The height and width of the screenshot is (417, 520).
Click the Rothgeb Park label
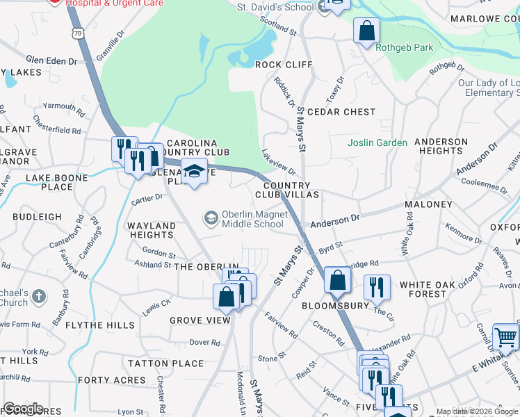[x=404, y=48]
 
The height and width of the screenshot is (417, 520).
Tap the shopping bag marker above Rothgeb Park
[x=366, y=31]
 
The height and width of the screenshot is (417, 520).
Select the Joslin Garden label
[x=377, y=142]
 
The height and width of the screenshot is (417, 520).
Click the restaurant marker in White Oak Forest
[x=377, y=287]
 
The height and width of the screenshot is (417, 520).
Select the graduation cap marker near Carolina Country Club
[x=195, y=172]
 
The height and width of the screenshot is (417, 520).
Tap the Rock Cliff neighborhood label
[x=284, y=65]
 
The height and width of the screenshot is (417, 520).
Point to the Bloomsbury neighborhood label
[x=335, y=305]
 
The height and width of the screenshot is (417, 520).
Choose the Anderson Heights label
[x=441, y=146]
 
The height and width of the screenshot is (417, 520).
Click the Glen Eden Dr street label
[x=51, y=61]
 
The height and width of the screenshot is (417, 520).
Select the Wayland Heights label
[x=151, y=230]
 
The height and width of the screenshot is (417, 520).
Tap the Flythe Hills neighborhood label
[x=99, y=325]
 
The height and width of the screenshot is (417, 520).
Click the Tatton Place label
[x=165, y=363]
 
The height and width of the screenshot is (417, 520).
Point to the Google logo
[x=23, y=409]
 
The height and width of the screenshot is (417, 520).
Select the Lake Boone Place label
[x=58, y=182]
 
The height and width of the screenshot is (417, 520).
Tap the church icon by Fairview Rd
[x=39, y=295]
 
